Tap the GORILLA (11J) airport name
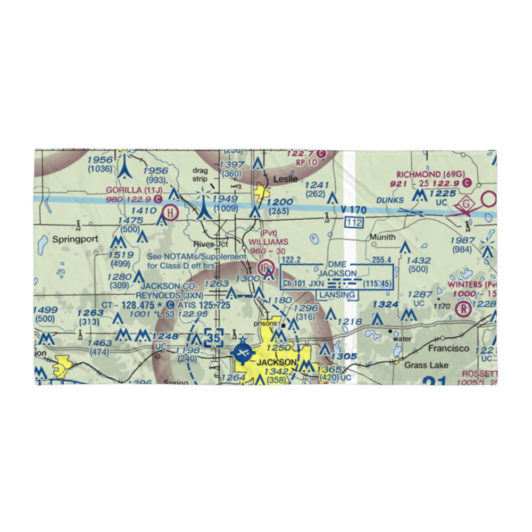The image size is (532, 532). coord(134,190)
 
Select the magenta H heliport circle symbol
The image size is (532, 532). coord(170,212)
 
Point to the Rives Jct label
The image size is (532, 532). coord(211,244)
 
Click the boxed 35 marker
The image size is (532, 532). coord(214,339)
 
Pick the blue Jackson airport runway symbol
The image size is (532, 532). coord(243,352)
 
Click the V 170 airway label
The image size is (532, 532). coord(353,210)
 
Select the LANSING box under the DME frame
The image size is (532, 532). coord(338,295)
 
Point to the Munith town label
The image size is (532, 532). coord(384,237)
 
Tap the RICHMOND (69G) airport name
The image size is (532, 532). coord(426,174)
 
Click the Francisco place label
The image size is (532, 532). coord(448,348)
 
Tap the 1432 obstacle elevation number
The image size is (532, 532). coord(418,260)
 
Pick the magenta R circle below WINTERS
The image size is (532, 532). coord(464,308)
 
